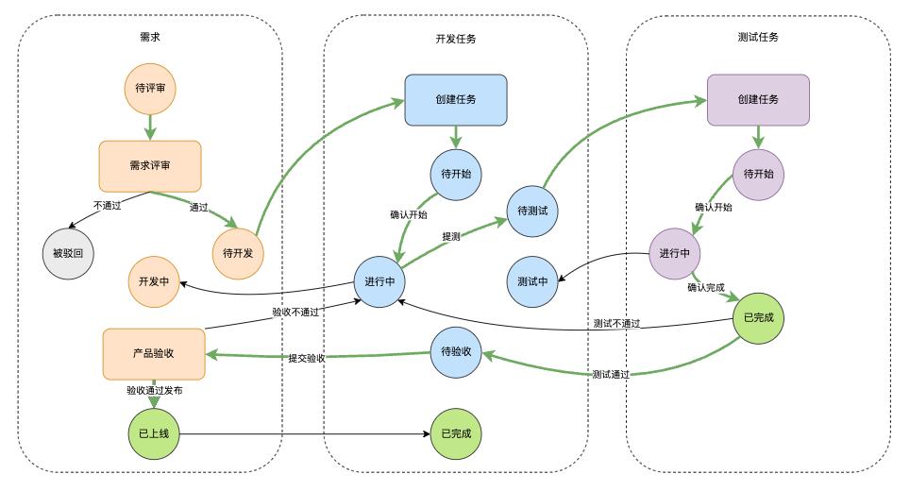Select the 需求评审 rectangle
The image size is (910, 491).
pyautogui.click(x=150, y=165)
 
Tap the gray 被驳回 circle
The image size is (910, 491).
pyautogui.click(x=68, y=254)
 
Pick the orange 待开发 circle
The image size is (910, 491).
pyautogui.click(x=238, y=253)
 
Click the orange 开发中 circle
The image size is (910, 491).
pyautogui.click(x=153, y=281)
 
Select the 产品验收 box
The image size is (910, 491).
pyautogui.click(x=152, y=353)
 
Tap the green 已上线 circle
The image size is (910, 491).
pyautogui.click(x=153, y=434)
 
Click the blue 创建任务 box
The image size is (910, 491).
pyautogui.click(x=456, y=99)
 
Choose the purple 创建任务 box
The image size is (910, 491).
pyautogui.click(x=758, y=99)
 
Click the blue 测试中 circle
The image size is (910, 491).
pyautogui.click(x=532, y=281)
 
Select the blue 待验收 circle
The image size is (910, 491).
pyautogui.click(x=456, y=352)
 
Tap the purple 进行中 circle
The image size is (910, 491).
pyautogui.click(x=674, y=254)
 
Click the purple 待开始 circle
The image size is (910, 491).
pyautogui.click(x=758, y=175)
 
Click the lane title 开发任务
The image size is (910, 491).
pyautogui.click(x=456, y=39)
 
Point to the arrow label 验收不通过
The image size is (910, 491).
pyautogui.click(x=295, y=312)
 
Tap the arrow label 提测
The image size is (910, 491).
pyautogui.click(x=451, y=236)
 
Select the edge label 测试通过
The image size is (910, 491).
pyautogui.click(x=611, y=374)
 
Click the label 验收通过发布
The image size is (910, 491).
pyautogui.click(x=155, y=389)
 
